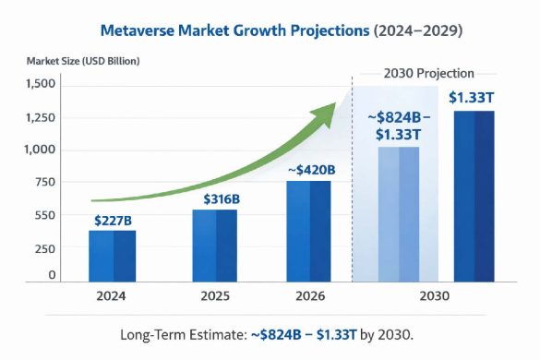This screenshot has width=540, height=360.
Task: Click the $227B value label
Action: click(113, 221)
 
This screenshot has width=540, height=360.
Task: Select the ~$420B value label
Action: click(309, 170)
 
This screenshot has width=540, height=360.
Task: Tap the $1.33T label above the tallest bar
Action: click(472, 97)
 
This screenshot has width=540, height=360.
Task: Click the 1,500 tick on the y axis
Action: click(41, 84)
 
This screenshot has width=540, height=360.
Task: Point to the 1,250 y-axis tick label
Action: click(41, 118)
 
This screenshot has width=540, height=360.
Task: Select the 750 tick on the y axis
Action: click(45, 182)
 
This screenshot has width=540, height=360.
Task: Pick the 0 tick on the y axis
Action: click(52, 275)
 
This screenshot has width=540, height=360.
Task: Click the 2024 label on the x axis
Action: click(111, 297)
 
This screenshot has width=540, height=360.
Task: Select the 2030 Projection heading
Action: click(429, 73)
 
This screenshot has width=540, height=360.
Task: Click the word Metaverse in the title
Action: click(140, 30)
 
